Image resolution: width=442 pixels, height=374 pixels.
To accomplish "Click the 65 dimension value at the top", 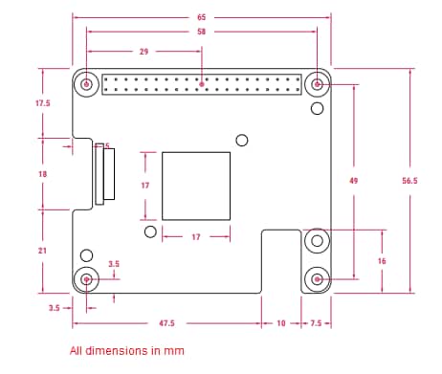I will (x=201, y=17).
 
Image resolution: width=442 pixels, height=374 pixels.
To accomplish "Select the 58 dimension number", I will (x=201, y=32).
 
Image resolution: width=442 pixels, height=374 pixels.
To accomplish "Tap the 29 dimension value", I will (x=144, y=52).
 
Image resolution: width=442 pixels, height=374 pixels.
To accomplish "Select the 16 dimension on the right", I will (x=383, y=261).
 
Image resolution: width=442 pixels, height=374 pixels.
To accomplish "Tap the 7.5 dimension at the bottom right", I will (x=317, y=324).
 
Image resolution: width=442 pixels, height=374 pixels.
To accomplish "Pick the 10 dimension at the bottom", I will (x=280, y=324).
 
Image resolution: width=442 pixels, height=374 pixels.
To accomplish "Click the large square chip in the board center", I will (x=196, y=186).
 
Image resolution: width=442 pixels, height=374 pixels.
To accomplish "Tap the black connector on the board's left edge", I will (x=103, y=173).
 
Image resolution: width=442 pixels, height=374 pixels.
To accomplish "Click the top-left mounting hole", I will (x=88, y=85).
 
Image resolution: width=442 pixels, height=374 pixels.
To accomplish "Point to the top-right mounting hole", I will (x=317, y=85).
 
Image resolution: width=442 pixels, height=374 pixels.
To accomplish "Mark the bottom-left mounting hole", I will (x=88, y=279).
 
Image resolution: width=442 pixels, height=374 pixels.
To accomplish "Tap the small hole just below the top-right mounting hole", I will (x=317, y=110).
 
